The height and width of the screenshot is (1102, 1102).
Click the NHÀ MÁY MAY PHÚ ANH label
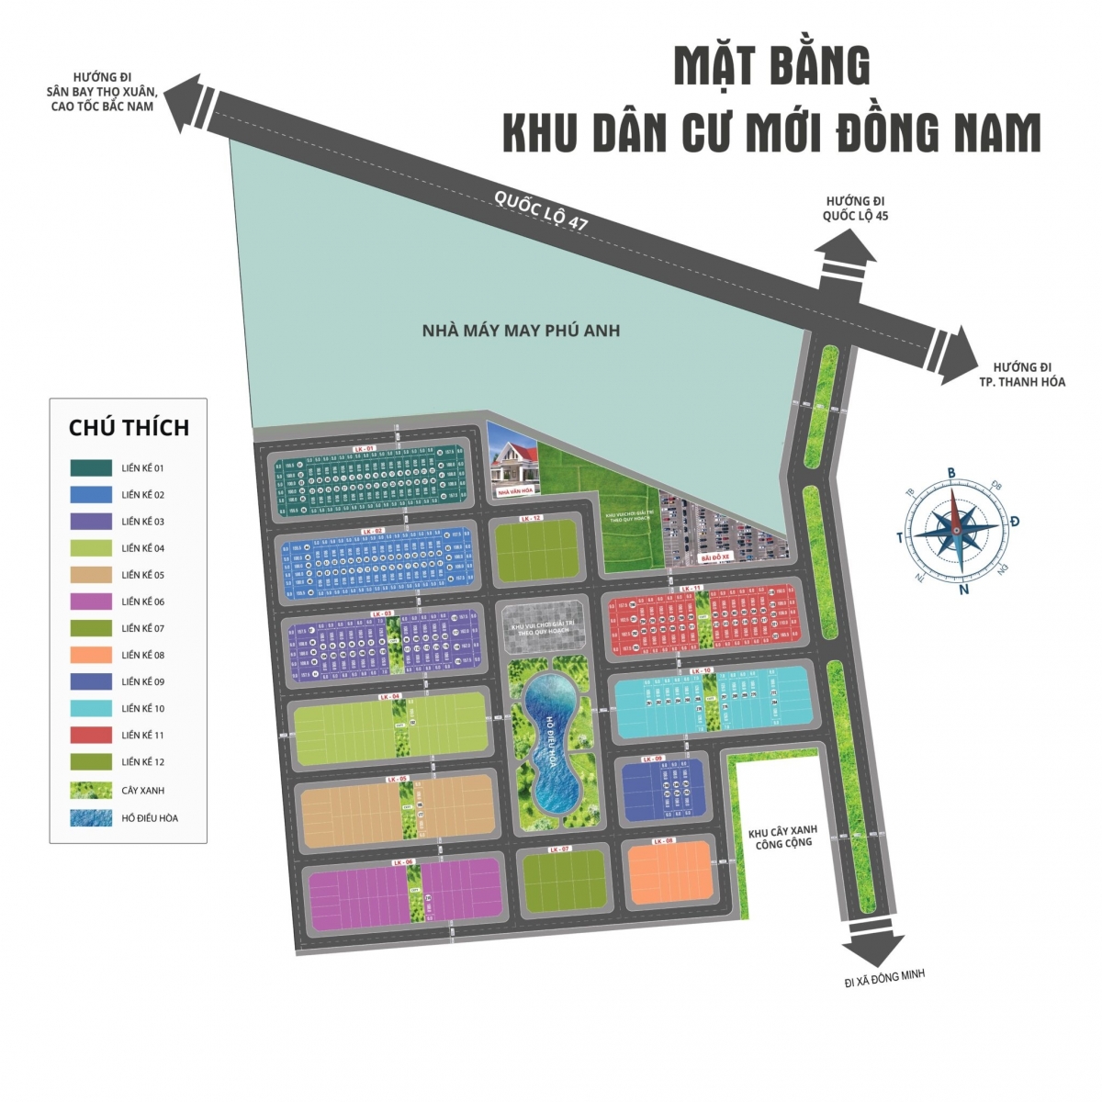point(521,331)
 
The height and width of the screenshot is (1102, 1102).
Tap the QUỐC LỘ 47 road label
point(541,212)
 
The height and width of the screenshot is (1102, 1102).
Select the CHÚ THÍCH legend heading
point(129,427)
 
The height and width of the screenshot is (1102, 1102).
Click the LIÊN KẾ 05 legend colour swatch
point(91,575)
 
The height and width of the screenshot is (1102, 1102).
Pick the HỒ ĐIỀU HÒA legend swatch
point(91,817)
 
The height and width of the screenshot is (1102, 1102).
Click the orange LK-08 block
point(669,873)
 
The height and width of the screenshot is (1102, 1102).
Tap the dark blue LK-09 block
point(662,791)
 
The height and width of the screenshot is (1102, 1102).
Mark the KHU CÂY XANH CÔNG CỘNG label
point(783,837)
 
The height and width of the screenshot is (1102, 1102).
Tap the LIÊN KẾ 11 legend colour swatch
point(91,736)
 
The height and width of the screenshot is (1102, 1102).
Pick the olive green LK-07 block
point(563,881)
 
